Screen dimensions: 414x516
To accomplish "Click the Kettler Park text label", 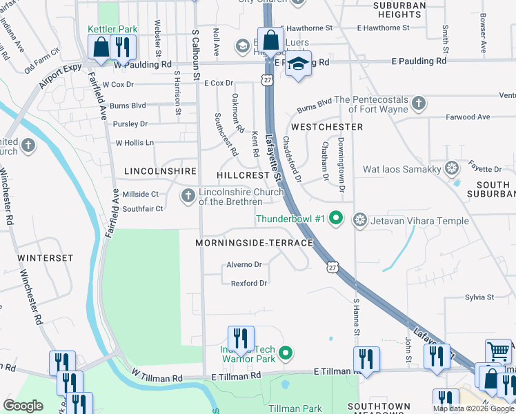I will pyautogui.click(x=113, y=29).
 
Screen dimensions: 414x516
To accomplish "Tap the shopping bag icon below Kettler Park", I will pyautogui.click(x=101, y=48).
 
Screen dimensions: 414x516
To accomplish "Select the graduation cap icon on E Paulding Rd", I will pyautogui.click(x=298, y=64).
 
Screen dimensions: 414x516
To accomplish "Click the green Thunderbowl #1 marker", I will pyautogui.click(x=336, y=219).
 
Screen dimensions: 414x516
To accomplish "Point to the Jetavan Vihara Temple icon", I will pyautogui.click(x=359, y=221).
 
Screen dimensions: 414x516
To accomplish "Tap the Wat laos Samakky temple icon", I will pyautogui.click(x=452, y=168).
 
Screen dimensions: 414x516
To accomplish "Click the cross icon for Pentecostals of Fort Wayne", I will pyautogui.click(x=417, y=103).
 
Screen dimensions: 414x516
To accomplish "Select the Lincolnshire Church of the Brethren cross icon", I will pyautogui.click(x=188, y=197).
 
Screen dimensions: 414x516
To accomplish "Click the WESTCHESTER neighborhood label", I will pyautogui.click(x=327, y=127).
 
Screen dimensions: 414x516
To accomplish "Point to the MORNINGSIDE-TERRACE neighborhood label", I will pyautogui.click(x=254, y=243).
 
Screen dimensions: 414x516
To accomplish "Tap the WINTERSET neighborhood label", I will pyautogui.click(x=46, y=257).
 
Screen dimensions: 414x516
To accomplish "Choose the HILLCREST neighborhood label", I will pyautogui.click(x=243, y=175).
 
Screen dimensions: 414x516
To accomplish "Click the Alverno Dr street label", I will pyautogui.click(x=244, y=264).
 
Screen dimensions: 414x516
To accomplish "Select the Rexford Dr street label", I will pyautogui.click(x=248, y=283).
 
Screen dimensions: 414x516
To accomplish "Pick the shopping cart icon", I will pyautogui.click(x=499, y=351).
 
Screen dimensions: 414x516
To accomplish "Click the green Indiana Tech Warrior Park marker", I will pyautogui.click(x=286, y=355).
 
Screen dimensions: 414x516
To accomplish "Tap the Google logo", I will pyautogui.click(x=23, y=406).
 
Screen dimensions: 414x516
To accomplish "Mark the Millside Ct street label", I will pyautogui.click(x=141, y=195).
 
